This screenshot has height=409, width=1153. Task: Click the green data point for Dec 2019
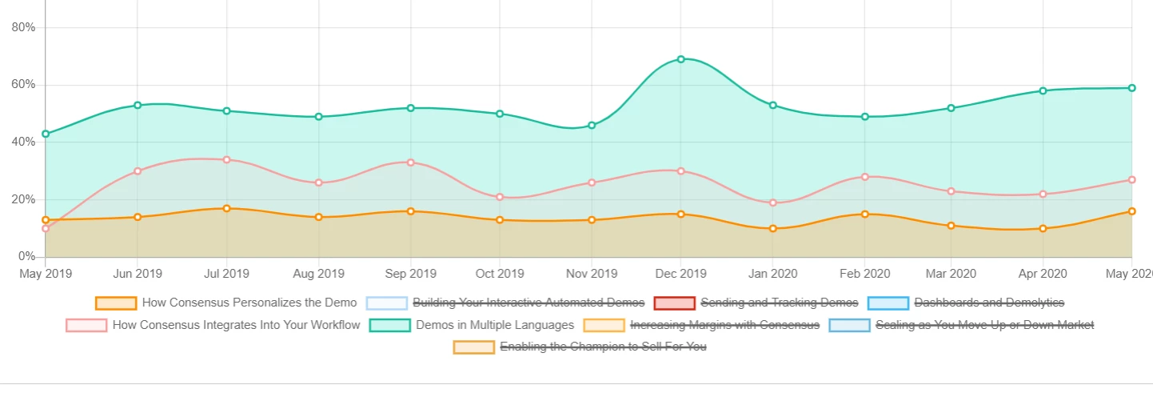(681, 59)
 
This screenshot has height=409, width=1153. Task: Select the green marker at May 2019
(46, 134)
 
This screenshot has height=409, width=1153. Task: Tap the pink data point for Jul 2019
(227, 160)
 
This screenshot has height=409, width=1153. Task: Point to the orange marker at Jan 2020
(773, 229)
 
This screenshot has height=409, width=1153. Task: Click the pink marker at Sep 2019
(411, 162)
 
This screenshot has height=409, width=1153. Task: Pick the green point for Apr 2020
(1043, 90)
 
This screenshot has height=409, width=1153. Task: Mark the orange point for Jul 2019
(227, 209)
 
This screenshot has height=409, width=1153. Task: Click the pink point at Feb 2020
(865, 177)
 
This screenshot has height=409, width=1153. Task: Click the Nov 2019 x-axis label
(592, 274)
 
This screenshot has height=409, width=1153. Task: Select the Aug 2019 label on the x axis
(319, 274)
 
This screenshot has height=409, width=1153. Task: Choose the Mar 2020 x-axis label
(951, 274)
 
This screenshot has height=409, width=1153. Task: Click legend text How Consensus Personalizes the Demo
(249, 303)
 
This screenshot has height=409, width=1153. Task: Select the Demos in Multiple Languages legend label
(495, 325)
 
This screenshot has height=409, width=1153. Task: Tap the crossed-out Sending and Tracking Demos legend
(780, 303)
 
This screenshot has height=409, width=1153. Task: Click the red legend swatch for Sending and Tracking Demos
(674, 303)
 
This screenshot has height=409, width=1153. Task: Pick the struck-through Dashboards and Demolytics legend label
(989, 303)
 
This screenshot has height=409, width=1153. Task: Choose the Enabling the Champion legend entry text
(604, 347)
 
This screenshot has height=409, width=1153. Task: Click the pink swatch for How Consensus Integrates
(86, 326)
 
